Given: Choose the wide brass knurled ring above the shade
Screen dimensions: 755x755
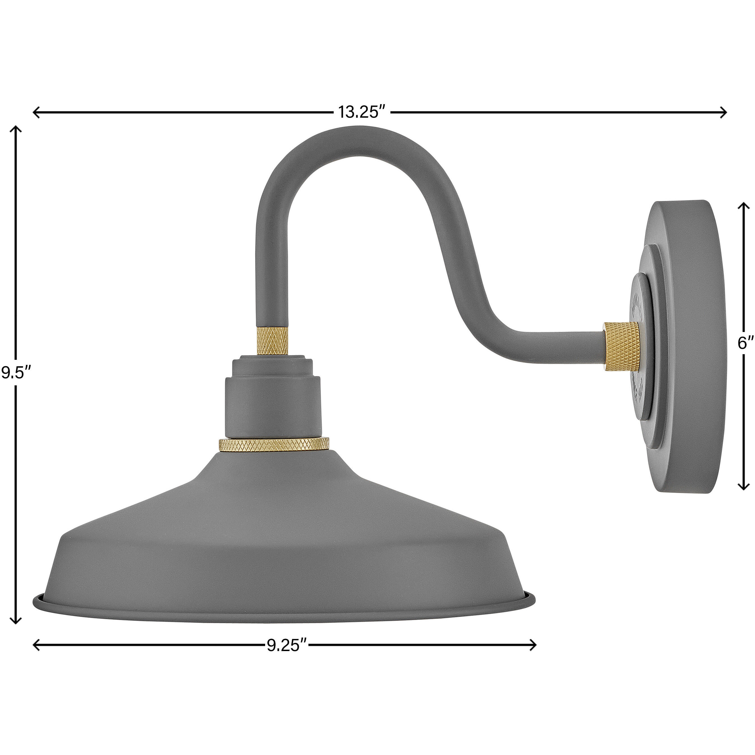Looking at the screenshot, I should tap(274, 444).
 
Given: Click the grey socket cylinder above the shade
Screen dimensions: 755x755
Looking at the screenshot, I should tap(273, 406).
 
